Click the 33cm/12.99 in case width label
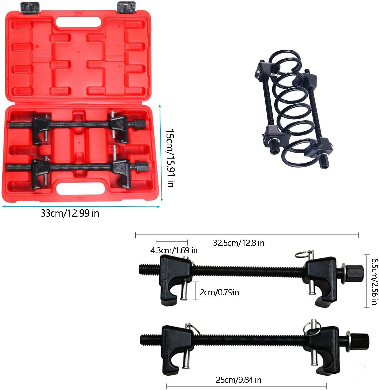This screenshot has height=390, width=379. pos(70,214)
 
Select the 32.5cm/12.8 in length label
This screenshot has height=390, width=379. pos(238,243)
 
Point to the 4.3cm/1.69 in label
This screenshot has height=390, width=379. pos(174,250)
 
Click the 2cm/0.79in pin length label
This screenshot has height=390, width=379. pos(219,292)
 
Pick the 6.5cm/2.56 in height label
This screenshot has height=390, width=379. pos(374,281)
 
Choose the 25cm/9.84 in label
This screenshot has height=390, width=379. pos(238,380)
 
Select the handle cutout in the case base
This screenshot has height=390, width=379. pos(80,188)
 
